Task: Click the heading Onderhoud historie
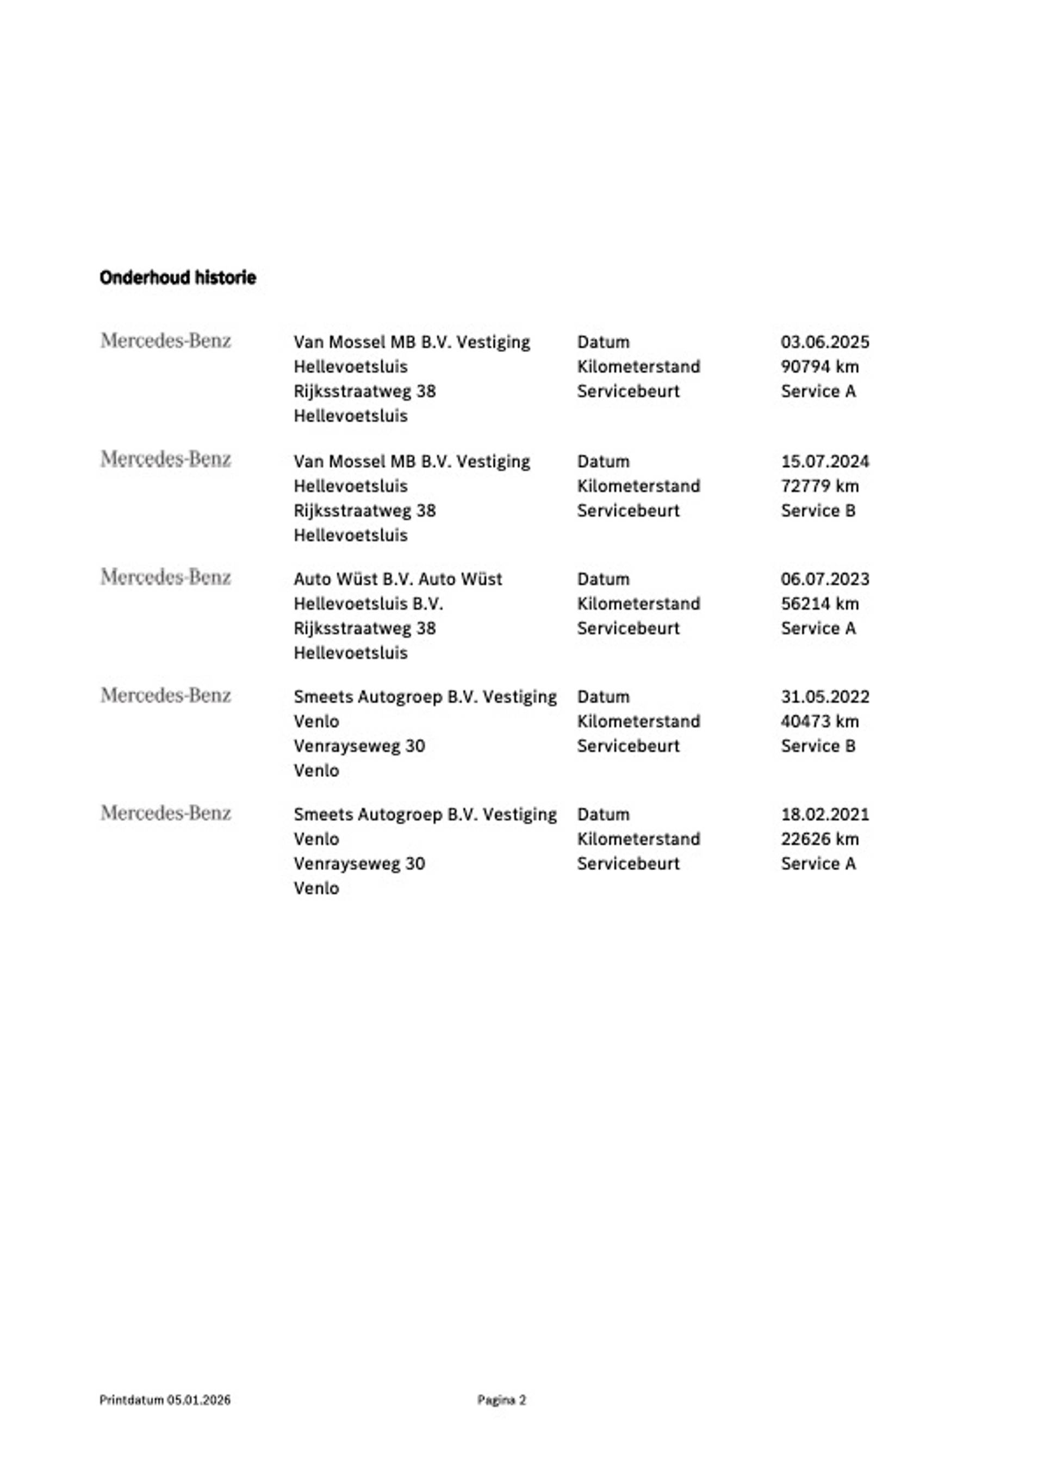pyautogui.click(x=177, y=278)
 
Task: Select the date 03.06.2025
pyautogui.click(x=825, y=342)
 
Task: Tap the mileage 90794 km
pyautogui.click(x=819, y=367)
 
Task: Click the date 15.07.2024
pyautogui.click(x=825, y=461)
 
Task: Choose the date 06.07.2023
pyautogui.click(x=825, y=579)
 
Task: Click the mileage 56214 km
pyautogui.click(x=819, y=604)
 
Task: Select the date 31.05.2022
pyautogui.click(x=825, y=697)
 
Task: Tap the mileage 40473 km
pyautogui.click(x=819, y=721)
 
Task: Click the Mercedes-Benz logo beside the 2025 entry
pyautogui.click(x=165, y=340)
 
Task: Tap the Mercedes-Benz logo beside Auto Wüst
pyautogui.click(x=165, y=577)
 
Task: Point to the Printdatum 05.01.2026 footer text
pyautogui.click(x=165, y=1400)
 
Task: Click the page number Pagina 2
pyautogui.click(x=501, y=1400)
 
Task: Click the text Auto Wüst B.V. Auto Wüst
pyautogui.click(x=397, y=579)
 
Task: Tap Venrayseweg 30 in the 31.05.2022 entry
pyautogui.click(x=359, y=746)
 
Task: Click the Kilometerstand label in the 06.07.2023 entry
pyautogui.click(x=638, y=604)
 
